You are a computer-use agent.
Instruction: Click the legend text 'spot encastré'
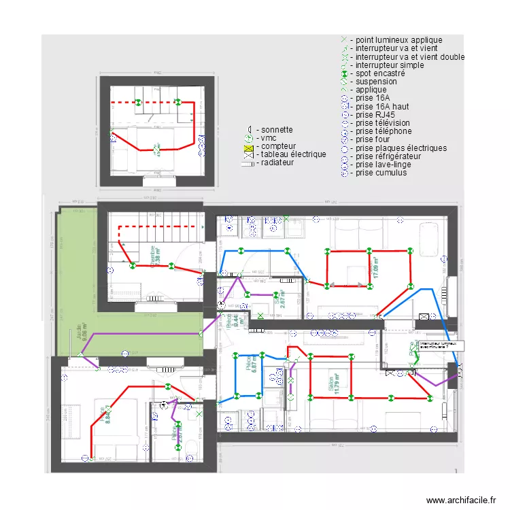point(380,73)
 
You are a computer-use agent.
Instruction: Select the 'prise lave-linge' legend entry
point(383,165)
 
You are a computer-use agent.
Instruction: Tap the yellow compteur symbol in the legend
point(249,146)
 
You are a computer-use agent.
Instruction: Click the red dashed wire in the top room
point(156,103)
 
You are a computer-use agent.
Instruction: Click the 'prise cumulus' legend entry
point(381,173)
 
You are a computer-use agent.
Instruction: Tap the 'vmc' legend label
point(268,138)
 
